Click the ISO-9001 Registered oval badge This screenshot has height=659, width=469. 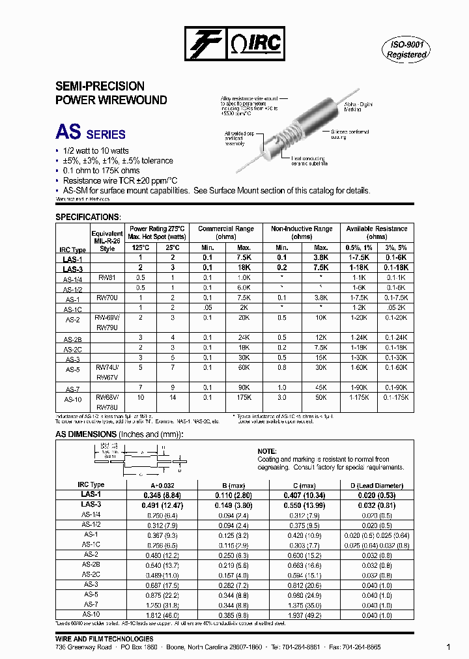coord(406,49)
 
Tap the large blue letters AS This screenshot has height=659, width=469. coord(68,133)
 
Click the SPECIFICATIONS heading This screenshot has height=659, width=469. coord(88,216)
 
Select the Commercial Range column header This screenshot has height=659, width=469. coord(226,233)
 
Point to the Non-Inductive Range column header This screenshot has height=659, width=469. coord(302,233)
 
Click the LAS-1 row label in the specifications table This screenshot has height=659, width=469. coord(73,259)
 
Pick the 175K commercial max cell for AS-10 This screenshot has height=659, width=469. coord(244,397)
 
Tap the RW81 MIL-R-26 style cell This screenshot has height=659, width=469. coord(107,277)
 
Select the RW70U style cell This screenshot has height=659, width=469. coord(107,297)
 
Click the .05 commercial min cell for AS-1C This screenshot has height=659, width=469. coord(207,307)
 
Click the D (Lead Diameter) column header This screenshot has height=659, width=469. coord(377,485)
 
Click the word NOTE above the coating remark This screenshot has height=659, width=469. coord(267,451)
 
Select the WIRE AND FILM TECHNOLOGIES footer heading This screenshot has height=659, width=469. coord(104,639)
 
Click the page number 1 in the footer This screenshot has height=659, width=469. coord(448,647)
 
